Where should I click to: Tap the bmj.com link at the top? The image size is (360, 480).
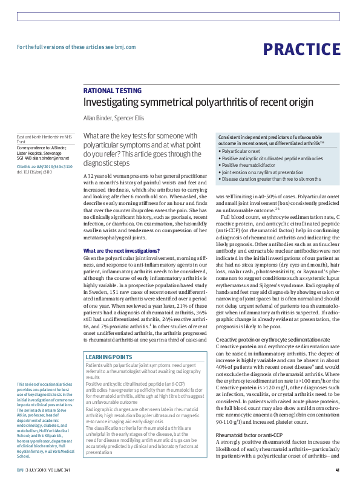coord(125,47)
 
